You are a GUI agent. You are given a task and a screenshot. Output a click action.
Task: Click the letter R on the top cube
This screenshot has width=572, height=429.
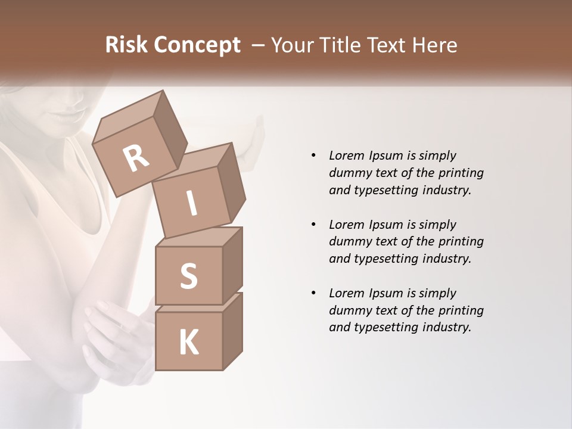click(x=136, y=158)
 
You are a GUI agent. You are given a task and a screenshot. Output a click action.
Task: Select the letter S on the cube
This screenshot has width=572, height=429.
click(x=189, y=275)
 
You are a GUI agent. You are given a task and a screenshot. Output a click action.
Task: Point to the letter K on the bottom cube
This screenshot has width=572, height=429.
click(x=189, y=343)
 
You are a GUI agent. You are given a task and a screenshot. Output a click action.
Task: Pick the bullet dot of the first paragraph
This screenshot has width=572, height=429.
click(x=313, y=156)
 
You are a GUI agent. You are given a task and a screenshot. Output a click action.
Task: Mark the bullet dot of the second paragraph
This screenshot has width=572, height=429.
click(x=313, y=225)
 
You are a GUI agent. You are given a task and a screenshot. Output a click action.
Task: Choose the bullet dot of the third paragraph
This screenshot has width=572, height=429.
click(x=313, y=293)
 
